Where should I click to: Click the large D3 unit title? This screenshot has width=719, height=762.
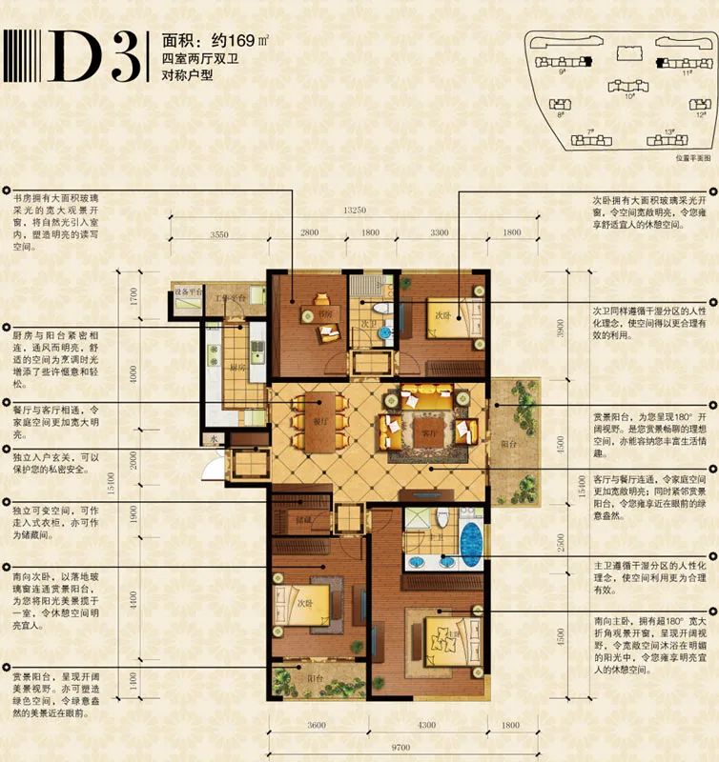91,59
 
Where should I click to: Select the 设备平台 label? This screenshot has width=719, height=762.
187,291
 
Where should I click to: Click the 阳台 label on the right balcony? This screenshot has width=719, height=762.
507,442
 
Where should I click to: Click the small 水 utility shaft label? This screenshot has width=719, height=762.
216,440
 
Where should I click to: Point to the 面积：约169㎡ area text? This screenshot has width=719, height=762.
201,41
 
